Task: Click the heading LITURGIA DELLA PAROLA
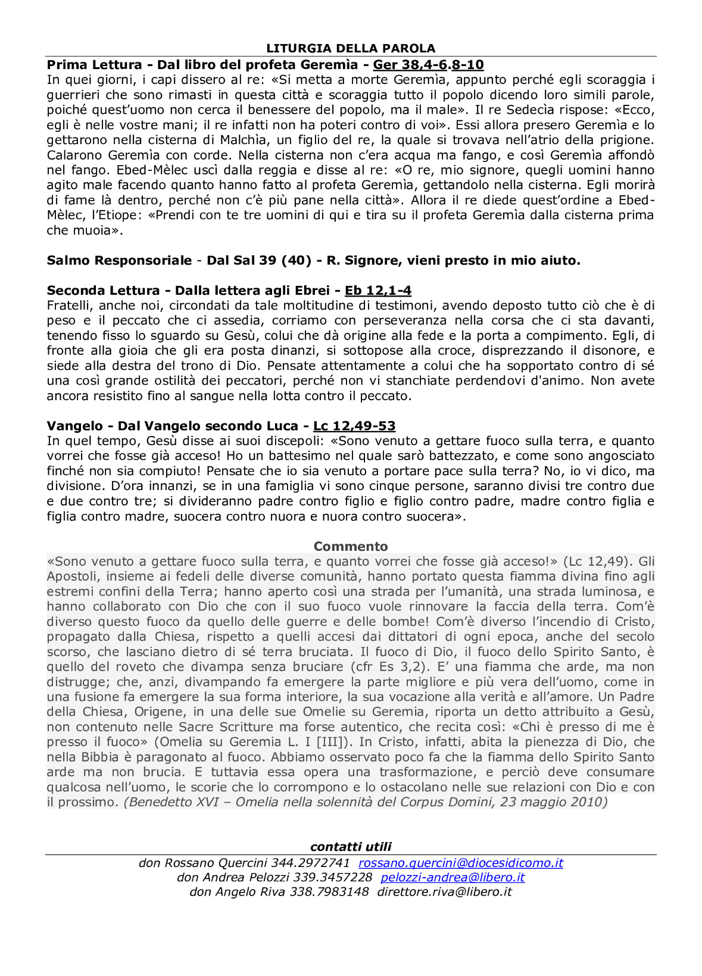[351, 49]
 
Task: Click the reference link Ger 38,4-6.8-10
[428, 65]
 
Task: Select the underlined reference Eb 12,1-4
[378, 291]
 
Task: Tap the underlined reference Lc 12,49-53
[354, 426]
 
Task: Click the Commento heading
[351, 546]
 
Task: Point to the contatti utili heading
[351, 847]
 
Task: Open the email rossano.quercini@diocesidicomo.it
[460, 863]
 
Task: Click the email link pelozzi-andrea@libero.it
[453, 877]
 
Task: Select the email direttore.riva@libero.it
[444, 892]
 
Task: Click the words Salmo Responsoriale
[119, 261]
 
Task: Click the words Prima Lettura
[94, 65]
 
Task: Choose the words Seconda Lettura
[103, 291]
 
